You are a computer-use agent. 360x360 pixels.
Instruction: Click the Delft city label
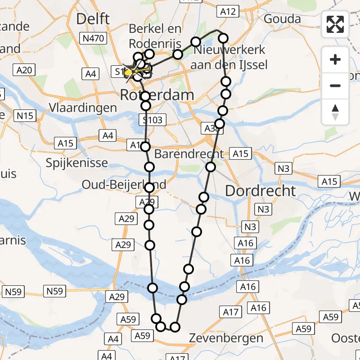(x=93, y=19)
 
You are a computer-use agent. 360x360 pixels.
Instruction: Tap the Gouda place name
(x=282, y=19)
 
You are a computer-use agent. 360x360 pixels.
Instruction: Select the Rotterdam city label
(x=157, y=95)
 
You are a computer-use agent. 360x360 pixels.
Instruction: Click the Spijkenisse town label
(x=77, y=162)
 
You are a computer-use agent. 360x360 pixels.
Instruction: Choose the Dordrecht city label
(x=260, y=191)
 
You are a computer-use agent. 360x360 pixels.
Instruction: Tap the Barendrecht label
(x=189, y=154)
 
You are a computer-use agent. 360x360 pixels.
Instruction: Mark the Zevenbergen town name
(x=225, y=338)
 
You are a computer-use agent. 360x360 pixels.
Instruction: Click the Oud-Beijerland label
(x=124, y=184)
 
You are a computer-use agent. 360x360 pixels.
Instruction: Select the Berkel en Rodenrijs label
(x=155, y=36)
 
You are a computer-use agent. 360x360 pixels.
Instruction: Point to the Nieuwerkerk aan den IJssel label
(x=229, y=57)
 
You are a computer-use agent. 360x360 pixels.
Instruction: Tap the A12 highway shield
(x=227, y=12)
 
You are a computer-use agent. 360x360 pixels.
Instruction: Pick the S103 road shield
(x=153, y=120)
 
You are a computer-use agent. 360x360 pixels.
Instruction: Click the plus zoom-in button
(x=335, y=60)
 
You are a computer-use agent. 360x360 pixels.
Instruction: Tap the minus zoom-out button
(x=335, y=85)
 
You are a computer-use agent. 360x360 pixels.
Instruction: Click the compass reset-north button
(x=335, y=112)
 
